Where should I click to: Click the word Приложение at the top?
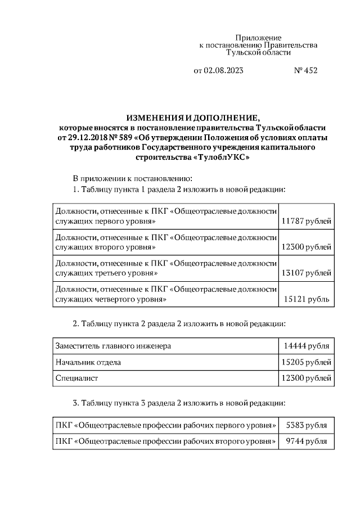[x=258, y=37]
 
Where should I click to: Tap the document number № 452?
[x=305, y=71]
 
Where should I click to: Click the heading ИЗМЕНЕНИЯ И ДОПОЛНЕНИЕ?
[x=193, y=118]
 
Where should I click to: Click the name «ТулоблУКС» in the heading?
[x=221, y=158]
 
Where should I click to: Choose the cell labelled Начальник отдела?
[x=88, y=362]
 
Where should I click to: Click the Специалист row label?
[x=76, y=379]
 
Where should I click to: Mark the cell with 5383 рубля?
[x=307, y=425]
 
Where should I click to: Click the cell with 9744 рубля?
[x=307, y=442]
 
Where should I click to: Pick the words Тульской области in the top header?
[x=258, y=52]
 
